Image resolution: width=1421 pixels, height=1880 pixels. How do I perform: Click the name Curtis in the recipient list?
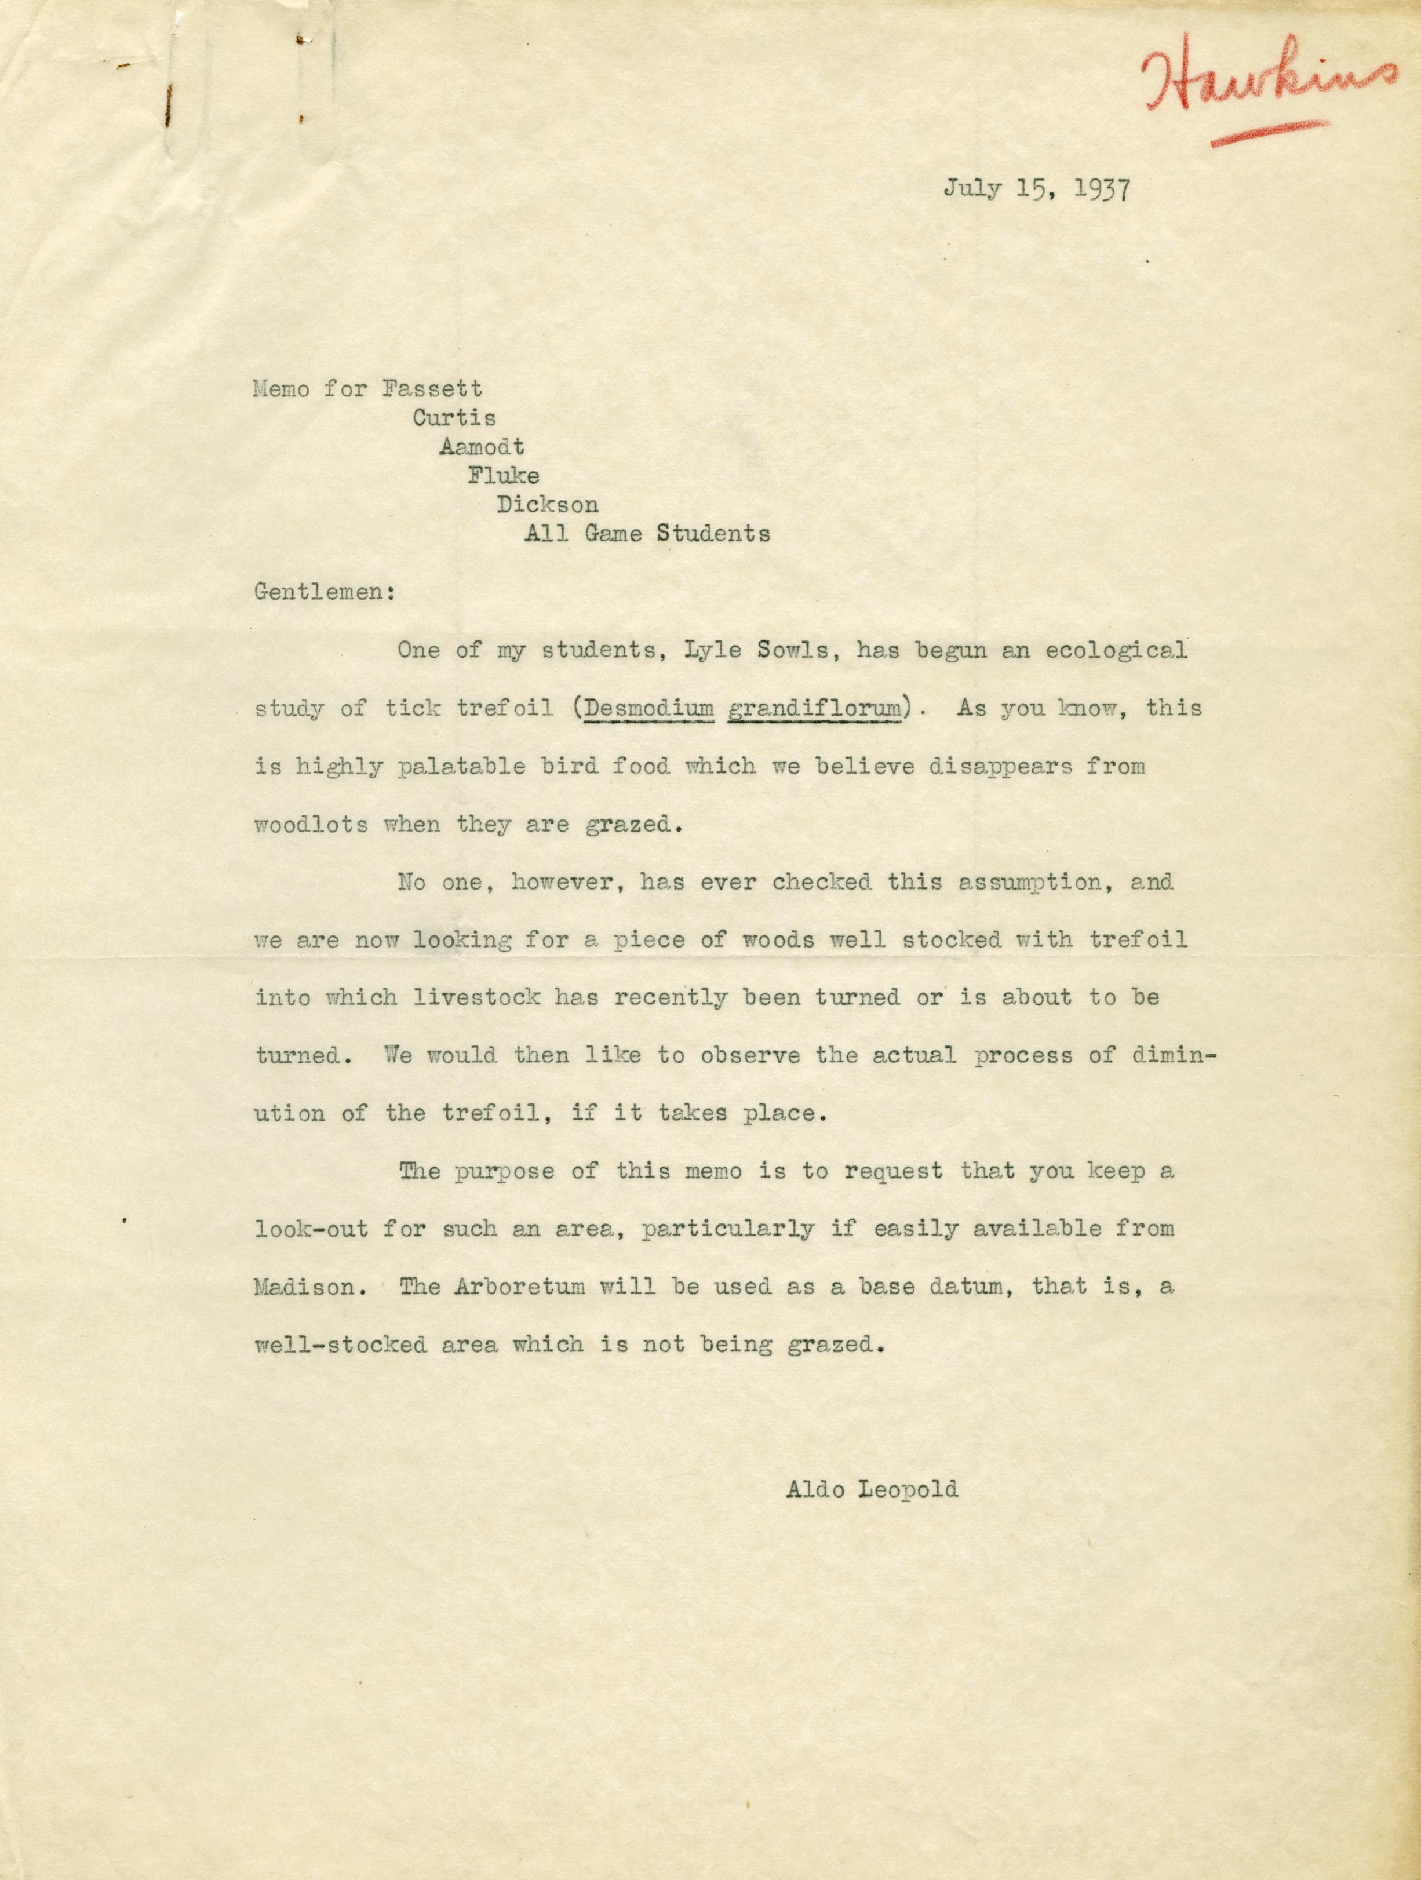pyautogui.click(x=455, y=418)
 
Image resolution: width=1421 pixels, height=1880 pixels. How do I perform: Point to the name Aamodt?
pyautogui.click(x=482, y=447)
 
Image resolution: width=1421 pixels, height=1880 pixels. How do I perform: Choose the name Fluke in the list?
pyautogui.click(x=503, y=476)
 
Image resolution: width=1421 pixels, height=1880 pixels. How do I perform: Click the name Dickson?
pyautogui.click(x=547, y=505)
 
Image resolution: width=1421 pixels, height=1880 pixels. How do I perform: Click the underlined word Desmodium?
pyautogui.click(x=647, y=708)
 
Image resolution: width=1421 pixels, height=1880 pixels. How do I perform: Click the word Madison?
pyautogui.click(x=304, y=1287)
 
